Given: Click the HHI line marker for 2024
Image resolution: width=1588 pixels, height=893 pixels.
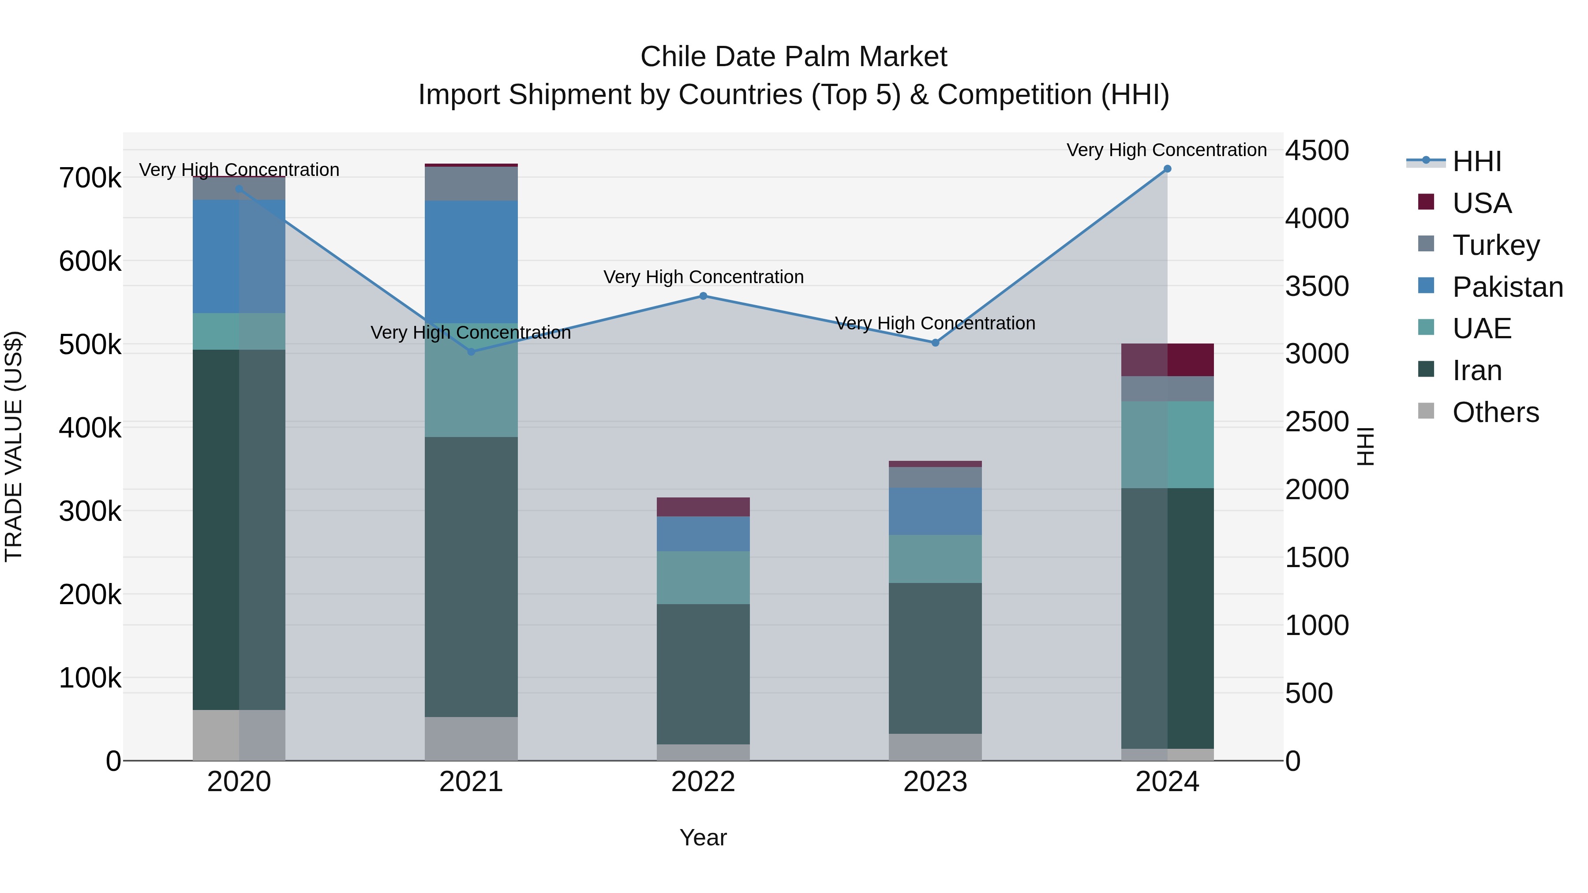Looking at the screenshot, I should (1167, 169).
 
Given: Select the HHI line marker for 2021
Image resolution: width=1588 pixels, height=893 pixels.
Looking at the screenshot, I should (471, 352).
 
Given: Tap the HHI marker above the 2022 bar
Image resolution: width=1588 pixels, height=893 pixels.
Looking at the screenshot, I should (703, 296).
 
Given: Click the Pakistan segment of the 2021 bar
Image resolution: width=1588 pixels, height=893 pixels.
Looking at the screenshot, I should (471, 262).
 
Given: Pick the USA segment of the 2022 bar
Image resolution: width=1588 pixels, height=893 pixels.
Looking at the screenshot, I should (703, 507).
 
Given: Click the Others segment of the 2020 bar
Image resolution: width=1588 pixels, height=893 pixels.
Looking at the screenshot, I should (239, 735).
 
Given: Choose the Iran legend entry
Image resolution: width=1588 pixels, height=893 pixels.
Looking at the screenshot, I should (1477, 370).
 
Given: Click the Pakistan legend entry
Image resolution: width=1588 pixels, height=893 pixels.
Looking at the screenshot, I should (1507, 287).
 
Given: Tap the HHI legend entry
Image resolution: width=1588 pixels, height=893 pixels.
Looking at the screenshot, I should (1476, 161).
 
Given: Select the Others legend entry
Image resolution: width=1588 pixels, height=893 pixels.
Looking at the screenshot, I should (1495, 412).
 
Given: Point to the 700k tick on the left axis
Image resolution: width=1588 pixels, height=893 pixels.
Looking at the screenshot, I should (90, 178).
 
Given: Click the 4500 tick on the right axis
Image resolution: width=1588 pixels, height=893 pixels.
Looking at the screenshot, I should (1317, 150).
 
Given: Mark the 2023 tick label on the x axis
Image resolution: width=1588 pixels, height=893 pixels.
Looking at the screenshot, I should (935, 782).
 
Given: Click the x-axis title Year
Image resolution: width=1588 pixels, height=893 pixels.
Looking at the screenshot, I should (703, 837).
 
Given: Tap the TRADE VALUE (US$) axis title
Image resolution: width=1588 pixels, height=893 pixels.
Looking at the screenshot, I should (14, 446).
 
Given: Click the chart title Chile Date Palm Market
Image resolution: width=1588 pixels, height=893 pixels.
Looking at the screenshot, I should (794, 57).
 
